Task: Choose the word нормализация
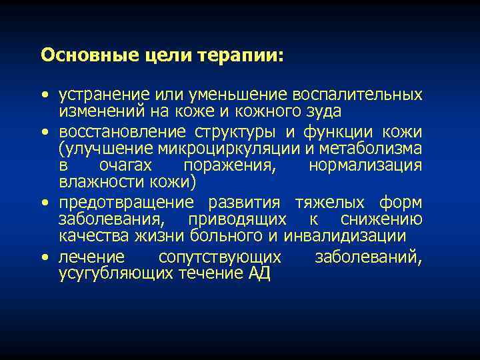pyautogui.click(x=365, y=165)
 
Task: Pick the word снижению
pyautogui.click(x=381, y=219)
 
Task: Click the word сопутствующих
pyautogui.click(x=220, y=257)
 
